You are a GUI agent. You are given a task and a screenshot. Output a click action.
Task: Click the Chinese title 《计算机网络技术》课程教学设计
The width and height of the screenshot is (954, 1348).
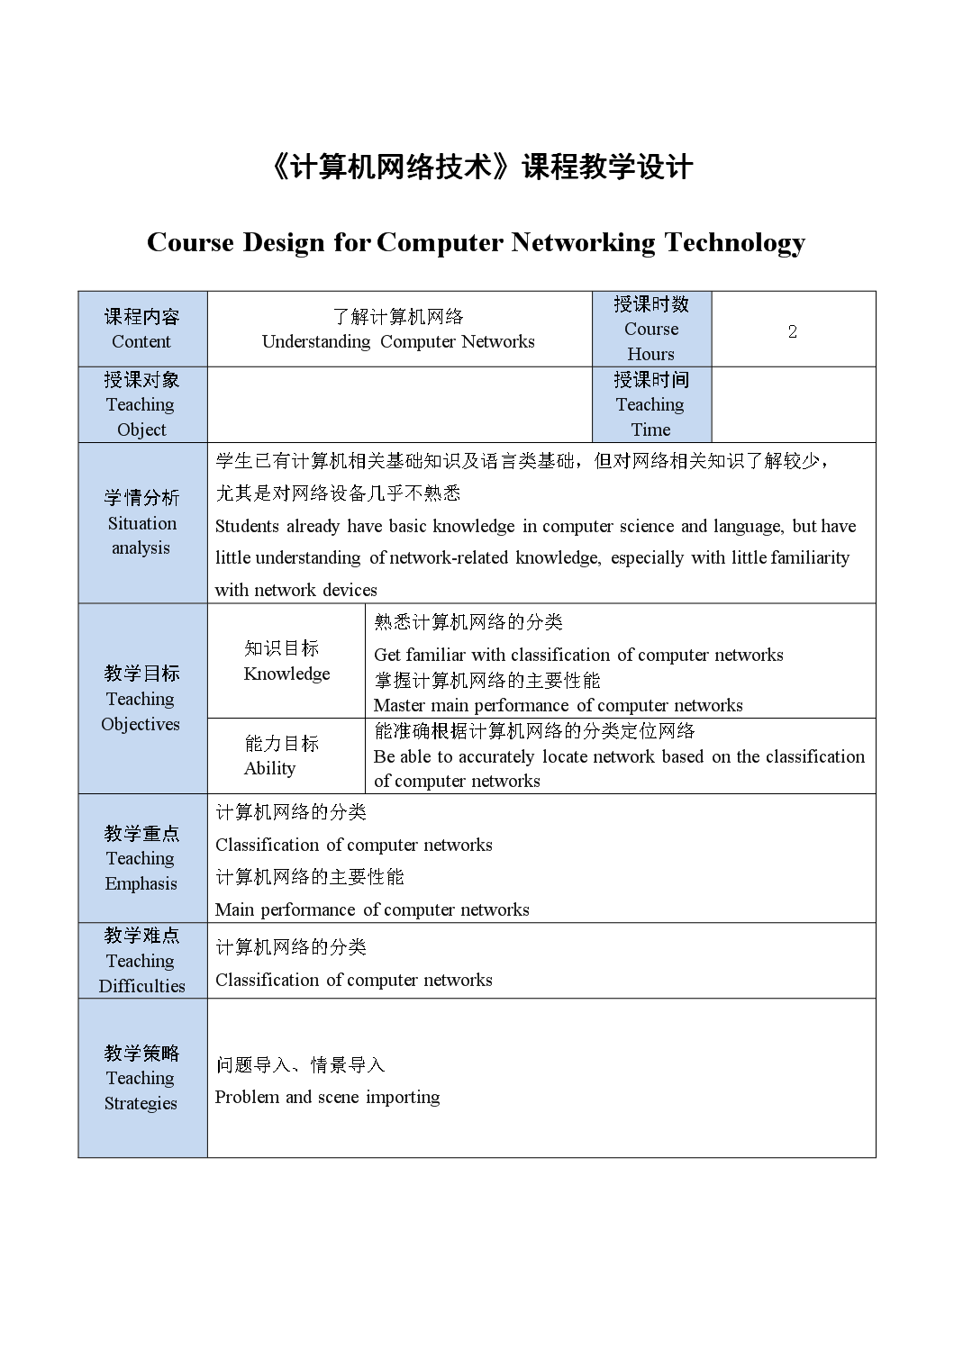click(x=481, y=167)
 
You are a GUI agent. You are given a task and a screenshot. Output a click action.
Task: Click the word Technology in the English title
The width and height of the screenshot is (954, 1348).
click(x=734, y=242)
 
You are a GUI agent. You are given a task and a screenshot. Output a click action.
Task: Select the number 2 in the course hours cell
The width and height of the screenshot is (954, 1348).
click(x=792, y=331)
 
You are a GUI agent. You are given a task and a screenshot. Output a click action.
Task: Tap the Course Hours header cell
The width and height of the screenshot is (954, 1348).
click(x=650, y=329)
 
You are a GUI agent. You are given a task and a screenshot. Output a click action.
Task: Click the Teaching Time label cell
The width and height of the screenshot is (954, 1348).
click(x=650, y=404)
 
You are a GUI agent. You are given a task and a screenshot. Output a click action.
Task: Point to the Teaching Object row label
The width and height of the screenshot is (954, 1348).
click(x=141, y=404)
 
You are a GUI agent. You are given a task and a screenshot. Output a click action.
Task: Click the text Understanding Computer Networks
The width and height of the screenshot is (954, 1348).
click(x=398, y=341)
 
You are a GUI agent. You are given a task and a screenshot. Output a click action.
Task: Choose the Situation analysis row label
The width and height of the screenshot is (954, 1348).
click(x=141, y=522)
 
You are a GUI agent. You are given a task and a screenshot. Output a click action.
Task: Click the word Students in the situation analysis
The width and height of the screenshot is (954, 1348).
click(x=248, y=526)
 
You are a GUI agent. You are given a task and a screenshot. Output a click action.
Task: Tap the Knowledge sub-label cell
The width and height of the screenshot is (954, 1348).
click(x=286, y=661)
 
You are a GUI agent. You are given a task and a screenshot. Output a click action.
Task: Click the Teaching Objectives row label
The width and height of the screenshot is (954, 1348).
click(x=141, y=699)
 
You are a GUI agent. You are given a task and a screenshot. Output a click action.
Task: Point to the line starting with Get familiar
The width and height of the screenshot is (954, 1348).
click(x=577, y=655)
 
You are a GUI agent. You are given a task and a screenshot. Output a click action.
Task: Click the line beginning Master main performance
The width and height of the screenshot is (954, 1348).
click(x=558, y=705)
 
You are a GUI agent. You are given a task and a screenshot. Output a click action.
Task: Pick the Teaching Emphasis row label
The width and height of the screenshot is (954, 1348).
click(x=141, y=858)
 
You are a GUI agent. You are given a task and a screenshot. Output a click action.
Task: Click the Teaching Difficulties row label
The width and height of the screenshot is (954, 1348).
click(x=141, y=961)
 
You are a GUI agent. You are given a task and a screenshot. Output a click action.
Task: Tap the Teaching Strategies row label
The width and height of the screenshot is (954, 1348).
click(x=141, y=1078)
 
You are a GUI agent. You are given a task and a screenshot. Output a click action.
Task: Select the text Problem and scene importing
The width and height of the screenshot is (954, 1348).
click(x=327, y=1097)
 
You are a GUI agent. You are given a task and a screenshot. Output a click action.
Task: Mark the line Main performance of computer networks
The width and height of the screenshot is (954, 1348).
click(x=371, y=909)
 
